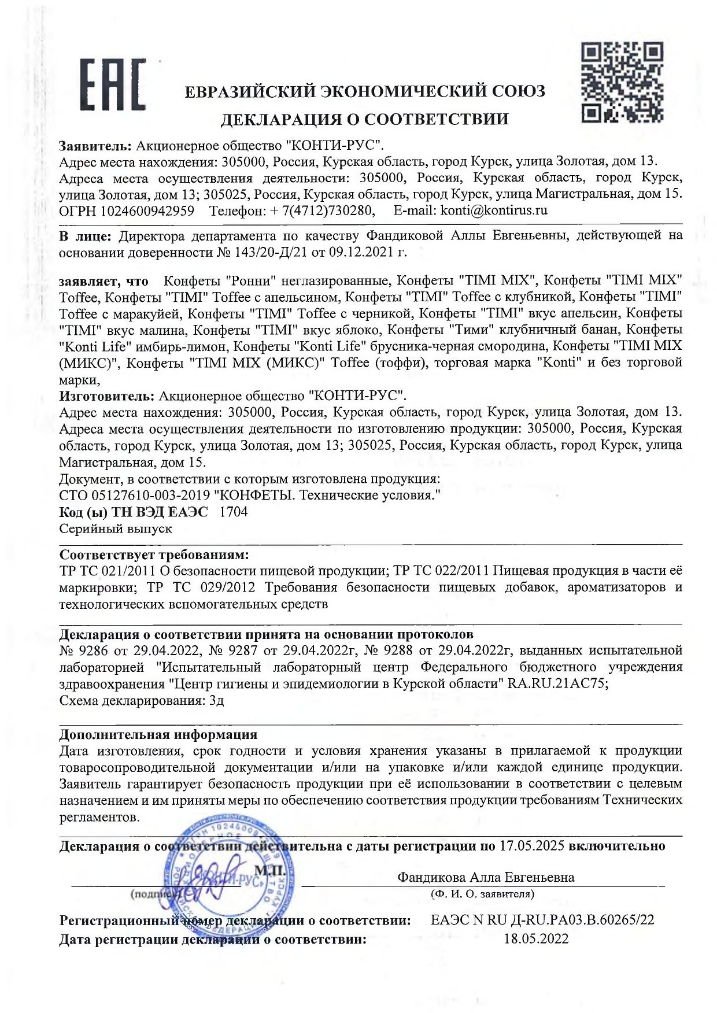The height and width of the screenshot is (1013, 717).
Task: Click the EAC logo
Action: coord(112,84)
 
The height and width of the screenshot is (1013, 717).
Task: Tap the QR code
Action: coord(622,82)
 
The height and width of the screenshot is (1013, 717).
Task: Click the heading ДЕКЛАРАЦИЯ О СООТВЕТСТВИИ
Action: coord(365,119)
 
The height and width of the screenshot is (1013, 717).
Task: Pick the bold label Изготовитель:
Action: coord(107,396)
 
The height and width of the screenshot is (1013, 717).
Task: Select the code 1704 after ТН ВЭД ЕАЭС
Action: coord(234,512)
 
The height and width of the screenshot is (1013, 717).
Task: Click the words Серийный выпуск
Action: coord(116,528)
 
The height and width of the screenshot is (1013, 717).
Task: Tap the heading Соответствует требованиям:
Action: coord(154,555)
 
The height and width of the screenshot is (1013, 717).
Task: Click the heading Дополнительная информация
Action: coord(158,734)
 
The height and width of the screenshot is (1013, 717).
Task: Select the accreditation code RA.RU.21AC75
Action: coord(557,683)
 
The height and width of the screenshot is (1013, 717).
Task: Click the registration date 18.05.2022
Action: coord(536,938)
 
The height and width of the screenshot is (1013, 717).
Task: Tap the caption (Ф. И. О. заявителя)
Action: coord(482,894)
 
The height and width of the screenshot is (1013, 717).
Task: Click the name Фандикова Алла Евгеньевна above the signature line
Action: coord(485,877)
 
